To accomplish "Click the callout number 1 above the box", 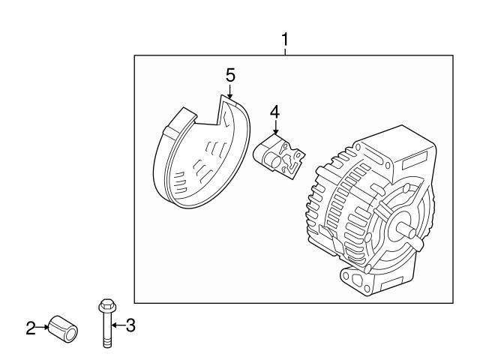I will point(285,39).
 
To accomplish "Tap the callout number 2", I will point(31,328).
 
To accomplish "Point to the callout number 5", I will point(230,74).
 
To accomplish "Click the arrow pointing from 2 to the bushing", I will point(42,328).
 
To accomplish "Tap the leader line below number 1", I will point(285,50).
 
